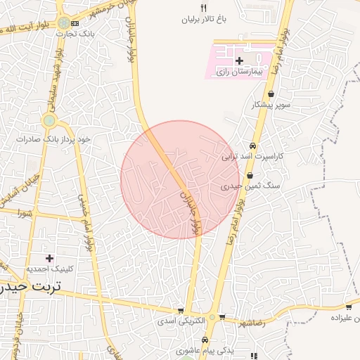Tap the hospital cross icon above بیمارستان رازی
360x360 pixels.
point(239,61)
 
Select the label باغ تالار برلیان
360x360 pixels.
point(205,20)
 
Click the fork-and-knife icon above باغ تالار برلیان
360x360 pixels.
point(204,8)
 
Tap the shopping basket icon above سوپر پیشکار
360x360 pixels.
point(271,94)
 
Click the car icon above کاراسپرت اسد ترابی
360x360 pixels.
point(252,146)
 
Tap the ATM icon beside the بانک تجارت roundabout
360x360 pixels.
point(75,23)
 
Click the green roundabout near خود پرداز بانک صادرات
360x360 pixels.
point(49,121)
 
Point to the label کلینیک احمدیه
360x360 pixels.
point(48,269)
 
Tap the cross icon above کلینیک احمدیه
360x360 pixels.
point(49,258)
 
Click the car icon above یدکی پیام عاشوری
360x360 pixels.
point(205,340)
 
